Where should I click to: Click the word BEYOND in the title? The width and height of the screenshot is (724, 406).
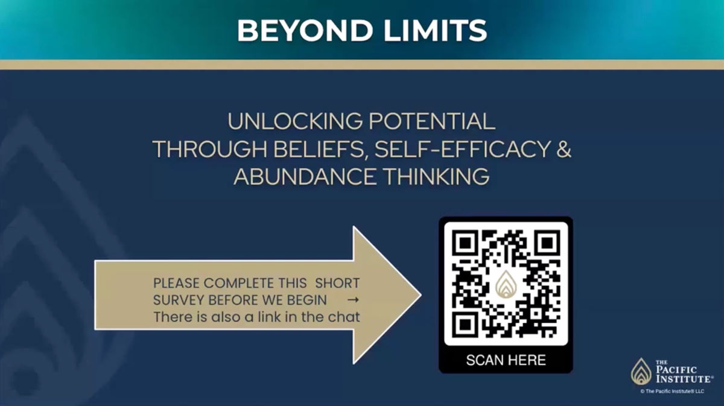pos(305,30)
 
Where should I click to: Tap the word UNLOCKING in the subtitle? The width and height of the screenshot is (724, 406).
pos(295,121)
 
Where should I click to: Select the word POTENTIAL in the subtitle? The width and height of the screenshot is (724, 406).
pos(432,121)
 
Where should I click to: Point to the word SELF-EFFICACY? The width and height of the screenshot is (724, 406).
pos(463,150)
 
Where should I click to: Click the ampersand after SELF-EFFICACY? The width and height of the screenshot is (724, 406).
pos(564,150)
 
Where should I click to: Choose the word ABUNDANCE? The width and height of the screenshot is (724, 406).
pos(305,177)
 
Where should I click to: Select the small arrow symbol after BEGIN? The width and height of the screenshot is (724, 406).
pos(353,300)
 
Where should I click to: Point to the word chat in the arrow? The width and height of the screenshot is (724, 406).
pos(344,317)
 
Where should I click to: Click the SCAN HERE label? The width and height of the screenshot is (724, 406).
pos(506,360)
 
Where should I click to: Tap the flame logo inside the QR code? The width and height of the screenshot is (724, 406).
pos(506,285)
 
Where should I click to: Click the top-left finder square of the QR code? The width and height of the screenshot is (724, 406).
pos(465,243)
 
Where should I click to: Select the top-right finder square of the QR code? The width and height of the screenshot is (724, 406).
pos(547,243)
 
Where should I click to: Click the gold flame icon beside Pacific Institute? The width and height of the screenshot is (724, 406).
pos(641,372)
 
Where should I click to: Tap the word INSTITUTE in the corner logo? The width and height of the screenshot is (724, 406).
pos(684,378)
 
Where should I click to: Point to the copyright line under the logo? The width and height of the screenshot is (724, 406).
pos(672,392)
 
